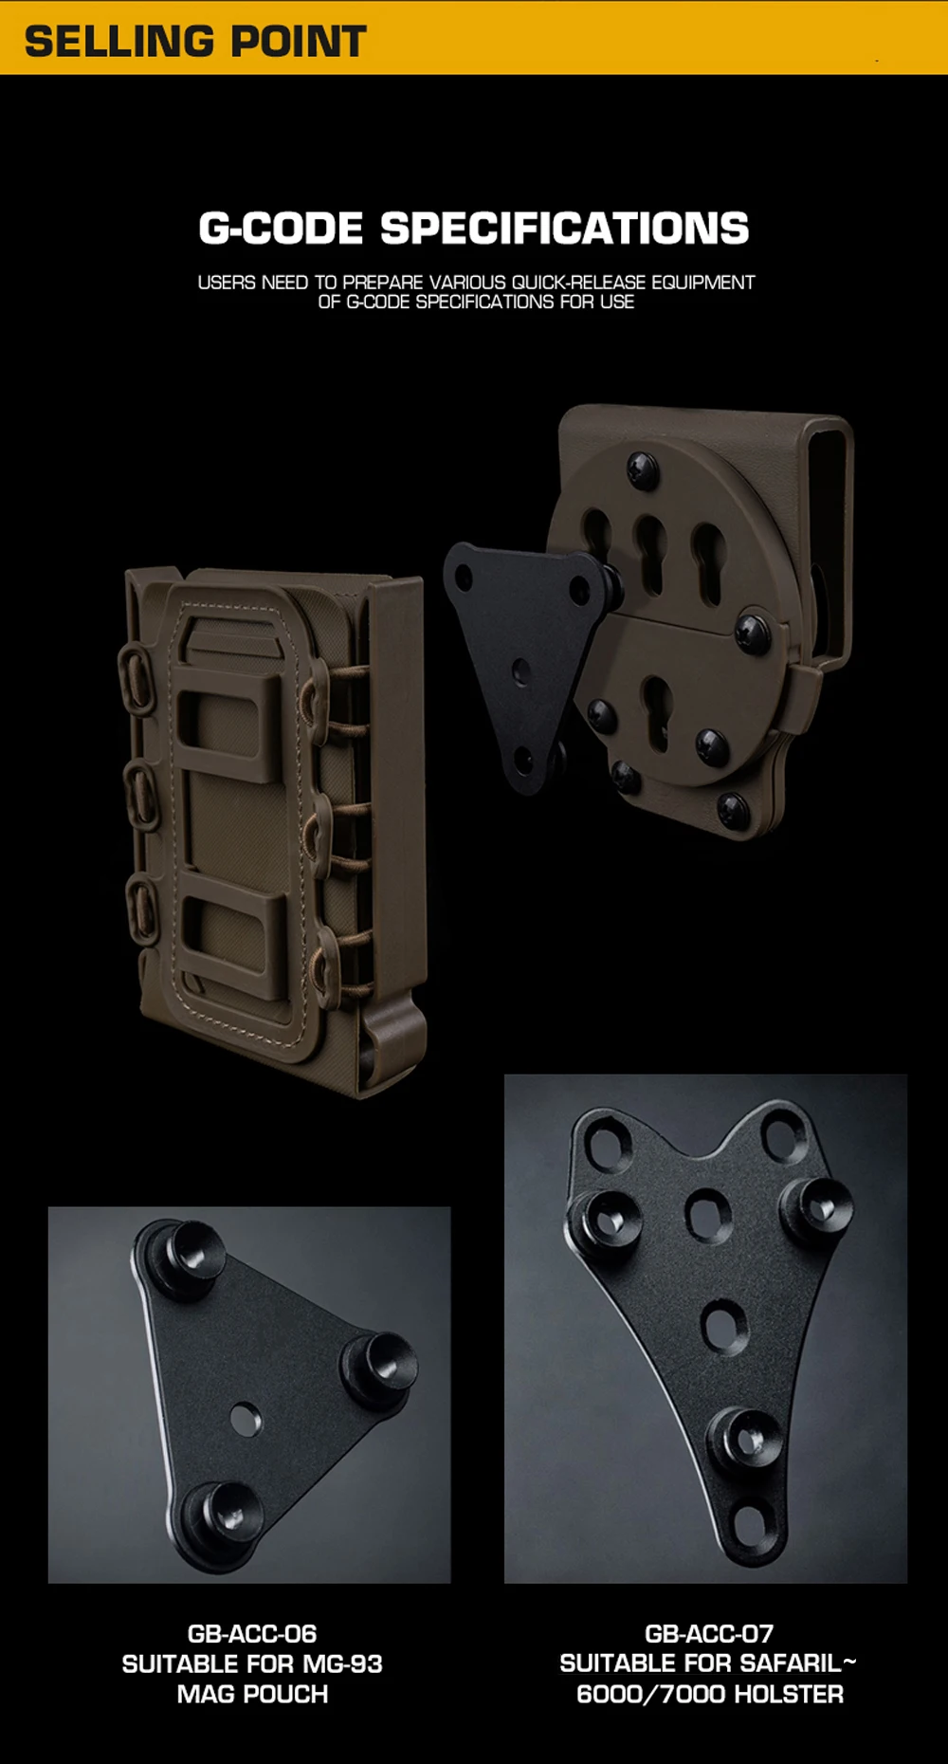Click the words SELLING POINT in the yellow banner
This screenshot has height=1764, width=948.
[195, 42]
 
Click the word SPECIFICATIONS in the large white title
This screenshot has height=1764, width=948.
[565, 229]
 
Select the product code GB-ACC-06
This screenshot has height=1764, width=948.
[252, 1634]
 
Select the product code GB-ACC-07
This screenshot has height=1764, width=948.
[709, 1634]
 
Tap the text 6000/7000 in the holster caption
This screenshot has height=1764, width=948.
[651, 1695]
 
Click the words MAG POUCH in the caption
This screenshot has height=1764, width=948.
[252, 1695]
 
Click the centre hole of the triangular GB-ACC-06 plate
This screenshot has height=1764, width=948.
[246, 1419]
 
